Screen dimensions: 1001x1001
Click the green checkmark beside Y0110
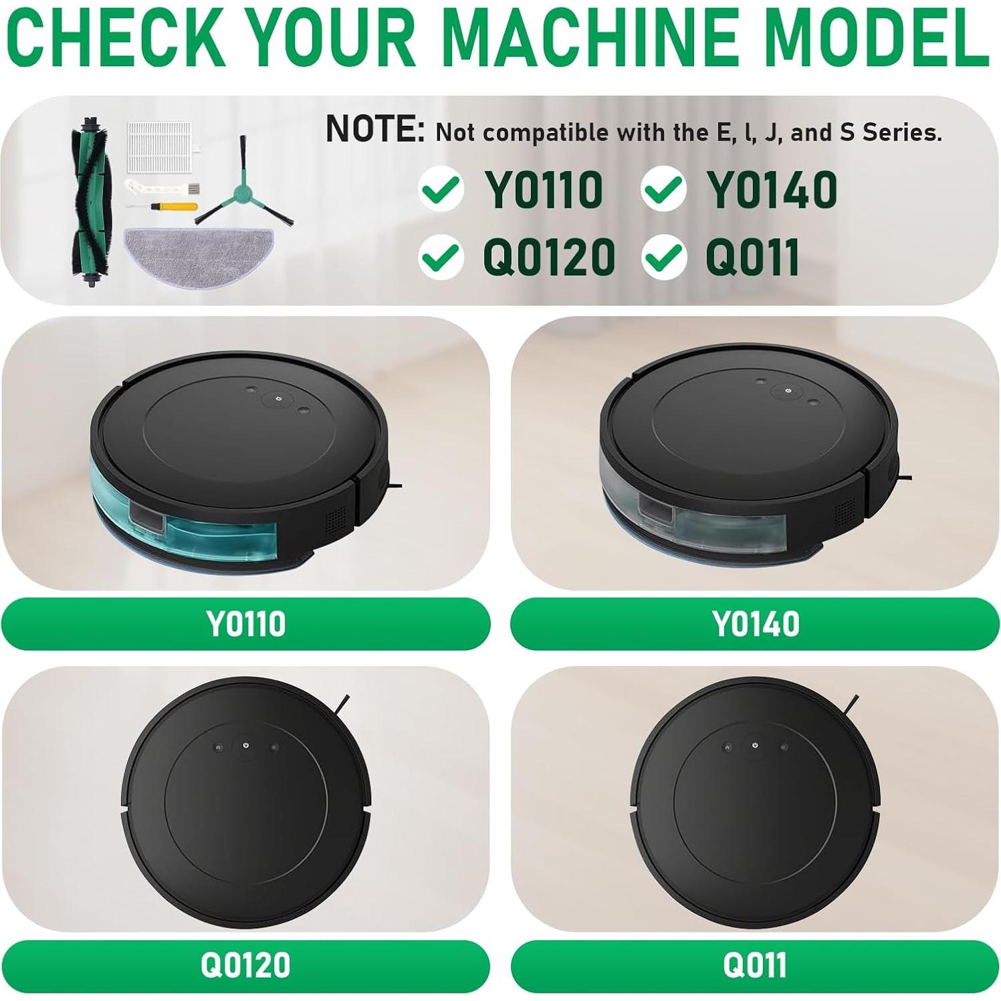(x=441, y=189)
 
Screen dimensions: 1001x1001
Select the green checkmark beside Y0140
(x=664, y=189)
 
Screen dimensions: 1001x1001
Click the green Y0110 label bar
(x=245, y=623)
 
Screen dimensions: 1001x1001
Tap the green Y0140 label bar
(x=755, y=623)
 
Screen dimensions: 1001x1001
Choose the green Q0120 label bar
(x=245, y=965)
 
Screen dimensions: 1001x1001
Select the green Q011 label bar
(x=755, y=965)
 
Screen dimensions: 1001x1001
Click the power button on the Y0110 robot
(x=280, y=399)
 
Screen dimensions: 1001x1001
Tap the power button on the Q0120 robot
(x=246, y=745)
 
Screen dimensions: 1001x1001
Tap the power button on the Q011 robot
(x=755, y=745)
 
